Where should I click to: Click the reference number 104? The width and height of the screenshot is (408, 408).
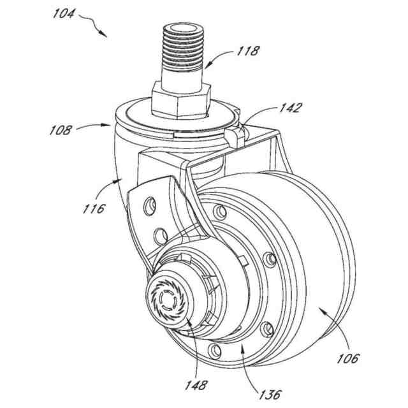pyautogui.click(x=67, y=15)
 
